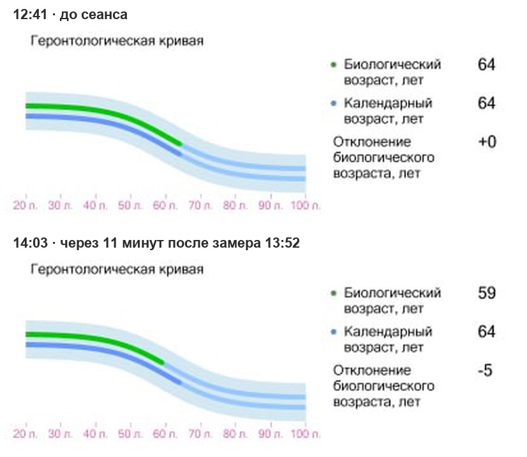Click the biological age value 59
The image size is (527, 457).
pyautogui.click(x=486, y=293)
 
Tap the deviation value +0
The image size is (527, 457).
pyautogui.click(x=487, y=142)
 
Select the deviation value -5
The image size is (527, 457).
pyautogui.click(x=485, y=370)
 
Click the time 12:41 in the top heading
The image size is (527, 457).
pyautogui.click(x=30, y=15)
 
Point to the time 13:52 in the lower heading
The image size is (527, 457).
pyautogui.click(x=282, y=243)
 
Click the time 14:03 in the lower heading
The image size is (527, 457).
pyautogui.click(x=30, y=243)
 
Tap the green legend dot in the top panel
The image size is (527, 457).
pyautogui.click(x=334, y=64)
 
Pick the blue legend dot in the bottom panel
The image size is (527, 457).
pyautogui.click(x=334, y=332)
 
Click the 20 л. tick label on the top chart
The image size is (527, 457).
pyautogui.click(x=25, y=205)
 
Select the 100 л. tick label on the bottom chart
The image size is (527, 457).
pyautogui.click(x=305, y=434)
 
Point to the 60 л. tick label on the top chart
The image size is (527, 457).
pyautogui.click(x=165, y=205)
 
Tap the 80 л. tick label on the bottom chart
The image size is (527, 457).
pyautogui.click(x=235, y=434)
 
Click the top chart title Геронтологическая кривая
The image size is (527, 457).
pyautogui.click(x=117, y=41)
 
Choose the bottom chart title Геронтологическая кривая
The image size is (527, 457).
pyautogui.click(x=117, y=269)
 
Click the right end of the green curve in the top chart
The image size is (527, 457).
pyautogui.click(x=181, y=144)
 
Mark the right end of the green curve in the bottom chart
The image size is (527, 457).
pyautogui.click(x=163, y=363)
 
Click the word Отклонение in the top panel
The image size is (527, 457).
pyautogui.click(x=372, y=142)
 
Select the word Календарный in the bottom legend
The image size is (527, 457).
pyautogui.click(x=388, y=331)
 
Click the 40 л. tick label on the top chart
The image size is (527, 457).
pyautogui.click(x=95, y=205)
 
